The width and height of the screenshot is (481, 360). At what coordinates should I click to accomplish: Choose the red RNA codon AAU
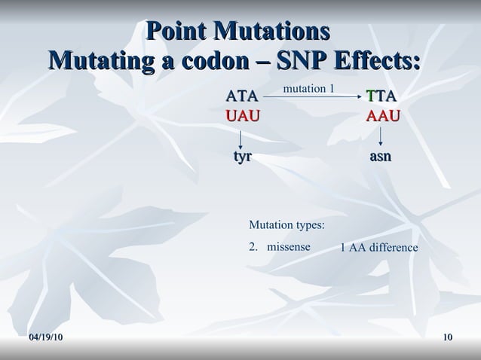pos(383,116)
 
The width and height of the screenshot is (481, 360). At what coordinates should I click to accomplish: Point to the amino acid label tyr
pos(241,157)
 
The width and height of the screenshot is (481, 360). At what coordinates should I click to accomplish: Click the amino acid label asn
pos(380,157)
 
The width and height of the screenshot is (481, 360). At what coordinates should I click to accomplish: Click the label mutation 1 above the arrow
pos(308,89)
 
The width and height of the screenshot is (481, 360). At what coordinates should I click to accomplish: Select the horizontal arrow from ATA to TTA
pos(312,97)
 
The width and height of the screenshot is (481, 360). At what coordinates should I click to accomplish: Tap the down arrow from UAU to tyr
pos(240,138)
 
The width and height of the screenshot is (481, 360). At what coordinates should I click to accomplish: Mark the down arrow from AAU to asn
pos(381,136)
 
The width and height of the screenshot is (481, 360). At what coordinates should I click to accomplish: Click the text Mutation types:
pos(286,225)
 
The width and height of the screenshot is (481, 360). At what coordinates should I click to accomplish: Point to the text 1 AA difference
pos(378,248)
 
